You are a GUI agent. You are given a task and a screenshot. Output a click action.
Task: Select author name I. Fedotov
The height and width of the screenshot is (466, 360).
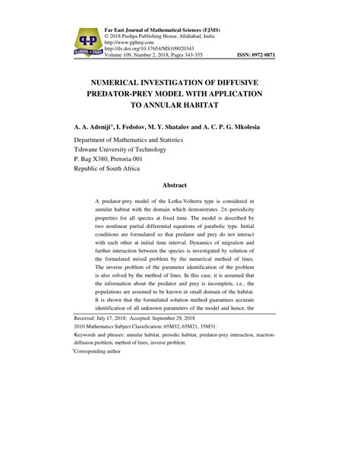pyautogui.click(x=135, y=128)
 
